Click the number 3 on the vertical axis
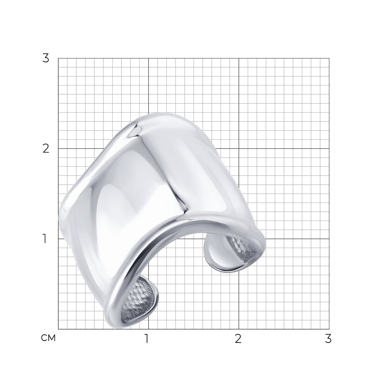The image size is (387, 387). coord(46,58)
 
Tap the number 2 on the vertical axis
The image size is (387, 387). coord(46,149)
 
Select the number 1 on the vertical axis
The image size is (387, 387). coord(45,239)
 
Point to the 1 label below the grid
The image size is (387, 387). coord(147,339)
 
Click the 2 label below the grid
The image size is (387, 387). coord(238,339)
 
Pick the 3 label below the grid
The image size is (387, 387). coord(328,339)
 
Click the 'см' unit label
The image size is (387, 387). coord(48,338)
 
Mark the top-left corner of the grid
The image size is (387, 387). coord(58,58)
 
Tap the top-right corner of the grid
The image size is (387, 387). coord(329,58)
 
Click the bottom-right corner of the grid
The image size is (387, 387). coord(329,329)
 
